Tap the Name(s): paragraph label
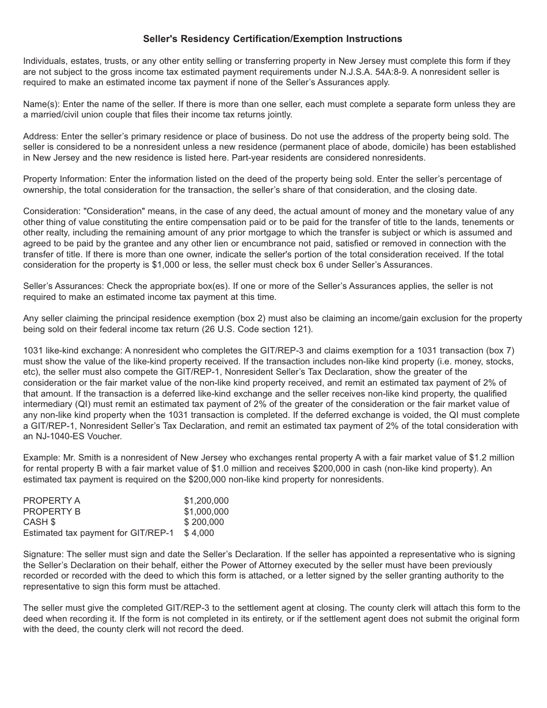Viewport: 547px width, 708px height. [x=41, y=104]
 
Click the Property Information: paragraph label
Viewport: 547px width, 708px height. [x=65, y=179]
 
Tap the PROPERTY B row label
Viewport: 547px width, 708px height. [x=52, y=512]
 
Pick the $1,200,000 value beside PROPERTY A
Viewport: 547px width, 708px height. [x=206, y=501]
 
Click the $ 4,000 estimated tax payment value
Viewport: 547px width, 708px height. [x=199, y=533]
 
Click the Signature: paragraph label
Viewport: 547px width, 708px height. [x=44, y=554]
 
